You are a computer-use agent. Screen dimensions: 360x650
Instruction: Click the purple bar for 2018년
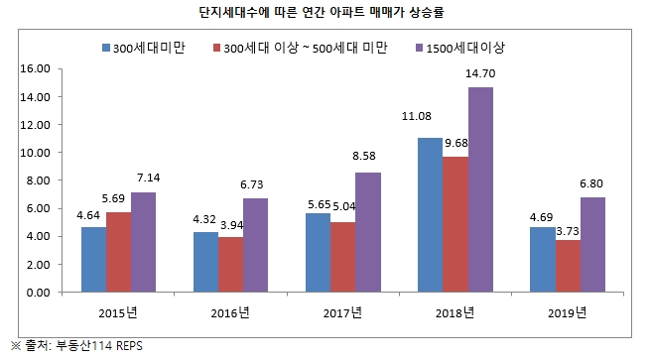click(x=479, y=189)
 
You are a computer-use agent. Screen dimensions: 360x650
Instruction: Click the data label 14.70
click(x=480, y=74)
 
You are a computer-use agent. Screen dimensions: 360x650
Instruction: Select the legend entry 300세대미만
click(x=153, y=48)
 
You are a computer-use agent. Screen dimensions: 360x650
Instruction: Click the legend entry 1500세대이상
click(x=470, y=48)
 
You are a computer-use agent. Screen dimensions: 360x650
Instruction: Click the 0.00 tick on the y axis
click(x=38, y=293)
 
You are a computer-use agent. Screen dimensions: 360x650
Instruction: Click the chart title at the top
click(x=325, y=15)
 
